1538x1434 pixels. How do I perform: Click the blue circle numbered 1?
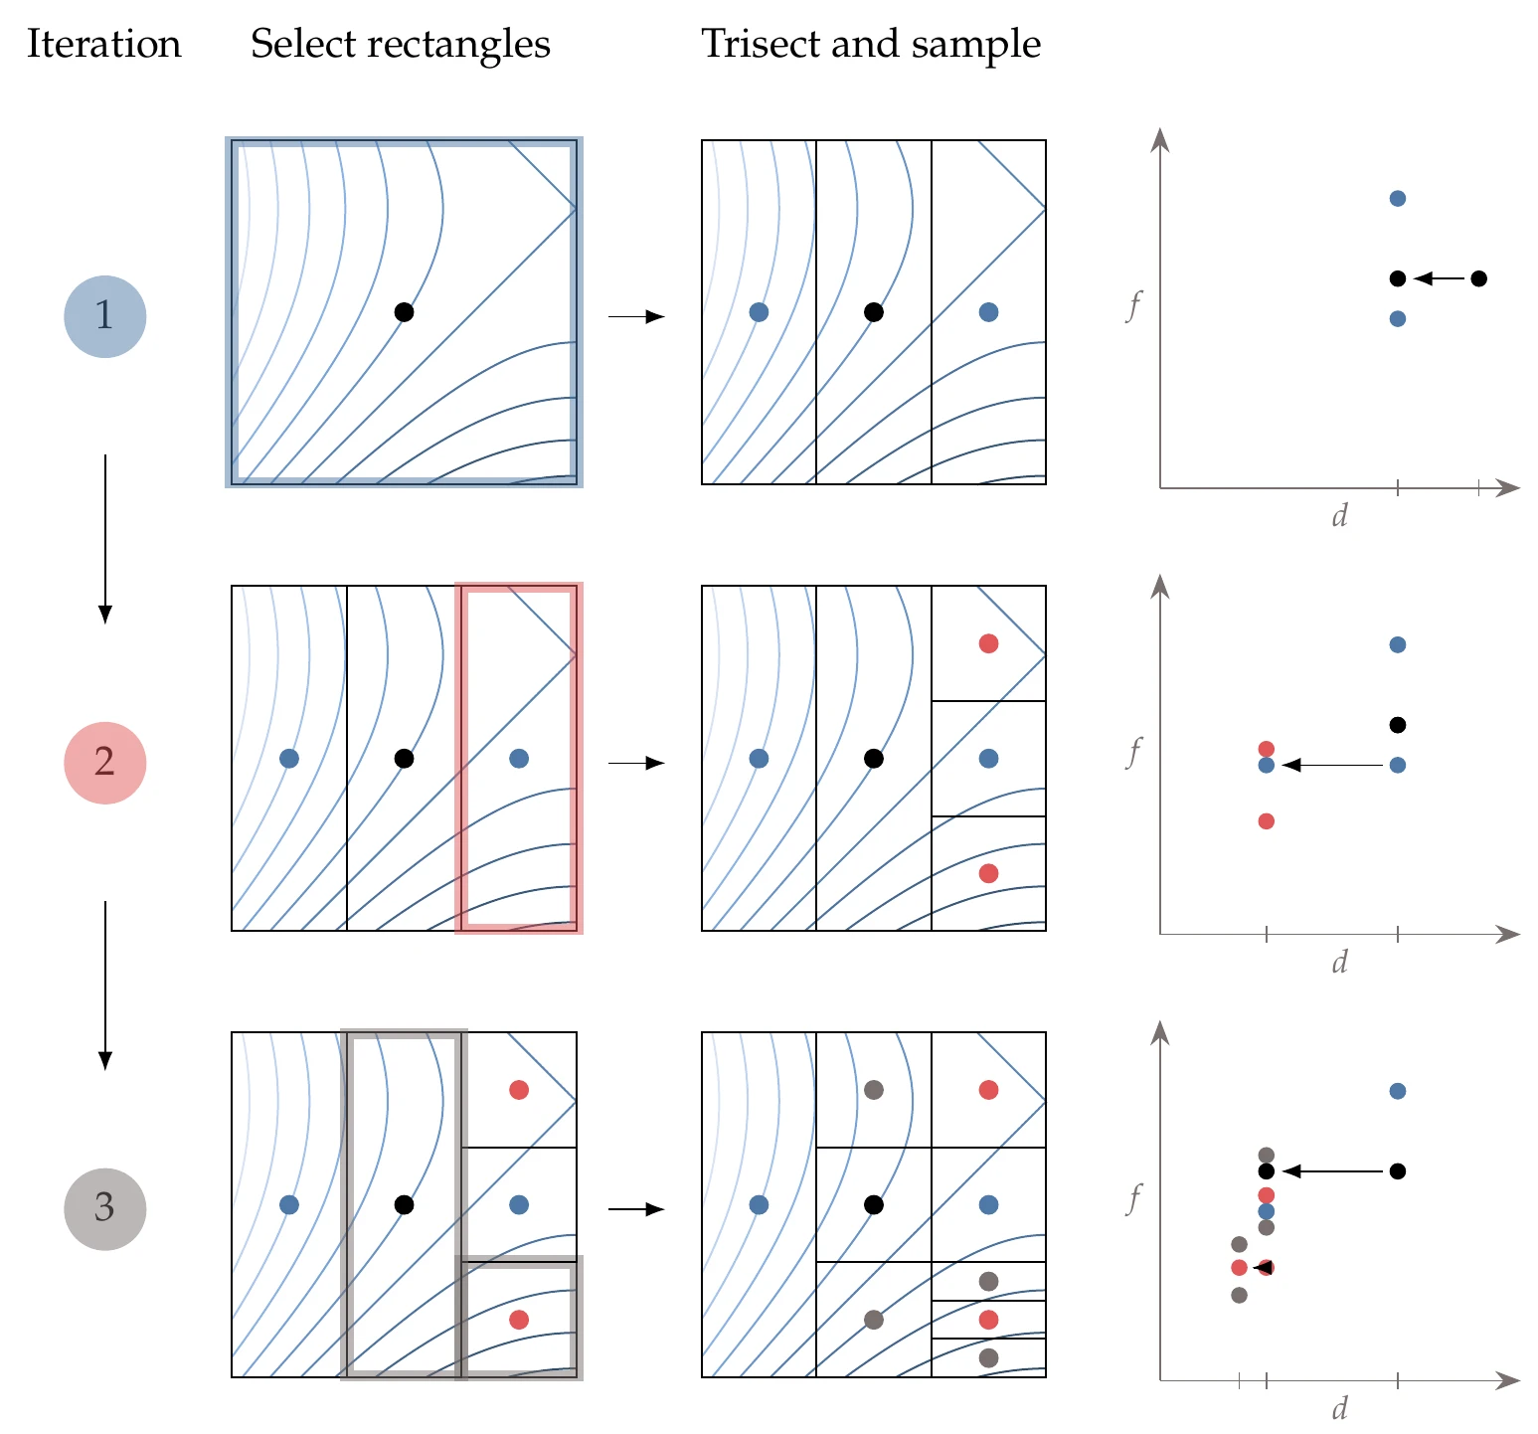pos(104,316)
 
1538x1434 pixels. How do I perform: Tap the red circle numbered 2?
pos(104,763)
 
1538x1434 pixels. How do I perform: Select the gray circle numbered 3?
pos(104,1208)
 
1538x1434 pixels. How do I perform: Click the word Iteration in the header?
pos(103,45)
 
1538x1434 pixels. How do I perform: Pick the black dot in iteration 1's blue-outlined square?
pos(404,312)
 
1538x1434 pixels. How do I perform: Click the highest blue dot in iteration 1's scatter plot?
pos(1397,199)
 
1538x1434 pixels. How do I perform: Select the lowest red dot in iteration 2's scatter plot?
pos(1266,821)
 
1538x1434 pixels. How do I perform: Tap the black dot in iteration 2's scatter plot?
pos(1397,725)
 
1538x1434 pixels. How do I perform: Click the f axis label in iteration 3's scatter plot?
pos(1134,1198)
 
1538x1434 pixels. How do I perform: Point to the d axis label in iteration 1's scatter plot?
pos(1339,515)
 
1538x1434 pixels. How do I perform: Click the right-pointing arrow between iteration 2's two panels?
pos(635,763)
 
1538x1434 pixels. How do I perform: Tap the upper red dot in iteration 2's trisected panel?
pos(988,643)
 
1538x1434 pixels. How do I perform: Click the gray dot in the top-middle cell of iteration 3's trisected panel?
pos(874,1090)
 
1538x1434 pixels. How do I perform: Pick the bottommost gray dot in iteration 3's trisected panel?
pos(988,1357)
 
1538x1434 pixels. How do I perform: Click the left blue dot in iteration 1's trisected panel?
pos(759,312)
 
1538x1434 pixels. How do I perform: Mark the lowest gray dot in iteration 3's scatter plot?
pos(1239,1295)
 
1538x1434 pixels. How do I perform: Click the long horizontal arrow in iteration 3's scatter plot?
pos(1332,1171)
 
